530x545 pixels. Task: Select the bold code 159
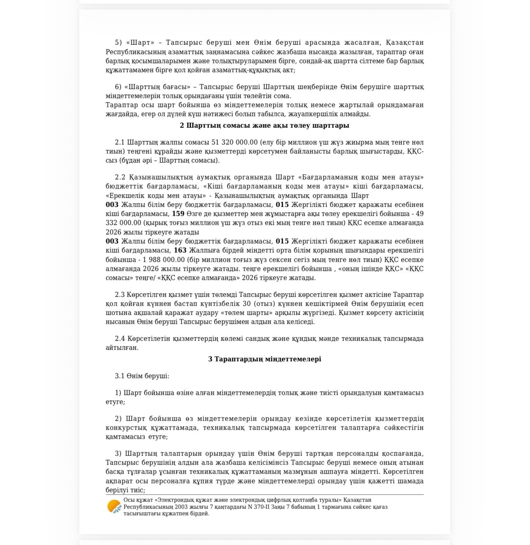tap(178, 214)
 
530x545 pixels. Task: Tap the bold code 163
tap(180, 250)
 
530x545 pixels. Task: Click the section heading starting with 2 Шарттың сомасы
tap(265, 125)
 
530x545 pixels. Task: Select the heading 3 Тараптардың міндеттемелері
tap(265, 359)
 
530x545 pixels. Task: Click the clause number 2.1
tap(120, 142)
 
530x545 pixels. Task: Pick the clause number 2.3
tap(120, 294)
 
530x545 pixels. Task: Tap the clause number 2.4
tap(120, 338)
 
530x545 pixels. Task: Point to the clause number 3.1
tap(120, 376)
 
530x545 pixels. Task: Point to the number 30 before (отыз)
tap(247, 304)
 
